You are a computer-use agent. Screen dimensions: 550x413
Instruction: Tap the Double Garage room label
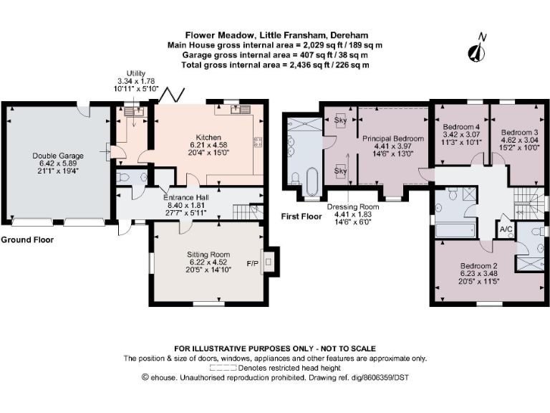tap(58, 163)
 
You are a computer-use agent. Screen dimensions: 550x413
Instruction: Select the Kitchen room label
tap(208, 145)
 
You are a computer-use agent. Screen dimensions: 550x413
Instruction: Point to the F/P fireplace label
tap(253, 263)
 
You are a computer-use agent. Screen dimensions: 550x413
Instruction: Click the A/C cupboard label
tap(506, 229)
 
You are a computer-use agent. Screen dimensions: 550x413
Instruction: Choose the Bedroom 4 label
tap(461, 135)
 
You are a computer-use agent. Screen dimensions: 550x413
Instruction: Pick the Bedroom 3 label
tap(519, 140)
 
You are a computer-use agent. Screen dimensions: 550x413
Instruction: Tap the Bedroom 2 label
tap(478, 274)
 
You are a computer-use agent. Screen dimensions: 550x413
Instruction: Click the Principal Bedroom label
tap(393, 146)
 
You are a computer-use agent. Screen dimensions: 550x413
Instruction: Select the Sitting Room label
tap(208, 262)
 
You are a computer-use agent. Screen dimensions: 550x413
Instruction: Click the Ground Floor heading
tap(27, 240)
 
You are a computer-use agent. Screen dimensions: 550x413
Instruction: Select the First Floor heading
tap(301, 217)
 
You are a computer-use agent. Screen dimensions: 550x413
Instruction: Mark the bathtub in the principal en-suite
tap(312, 182)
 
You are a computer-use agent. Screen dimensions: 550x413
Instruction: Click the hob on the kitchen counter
tap(259, 142)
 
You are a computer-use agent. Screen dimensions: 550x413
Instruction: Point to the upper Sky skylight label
tap(340, 120)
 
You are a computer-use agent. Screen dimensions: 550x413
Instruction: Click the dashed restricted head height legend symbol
tap(223, 368)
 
